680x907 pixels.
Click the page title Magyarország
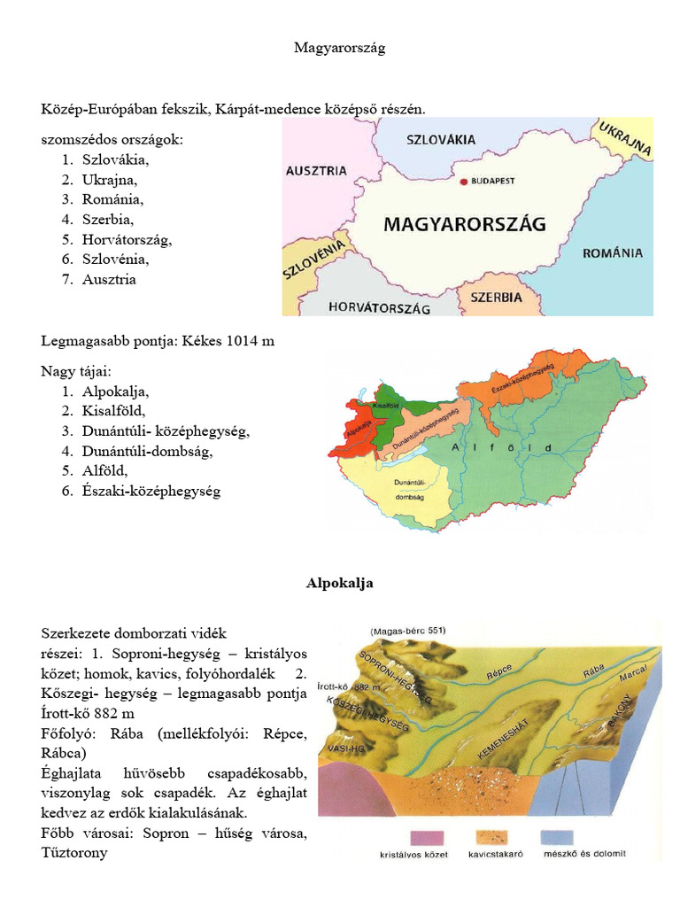click(x=339, y=48)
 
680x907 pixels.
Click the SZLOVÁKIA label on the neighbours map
click(x=441, y=140)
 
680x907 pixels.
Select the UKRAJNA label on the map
click(x=626, y=138)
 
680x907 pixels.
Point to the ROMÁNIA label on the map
click(x=613, y=253)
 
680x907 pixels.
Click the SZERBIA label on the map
click(x=496, y=298)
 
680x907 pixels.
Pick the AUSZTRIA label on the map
click(x=316, y=172)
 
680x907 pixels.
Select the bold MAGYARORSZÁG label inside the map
click(x=465, y=224)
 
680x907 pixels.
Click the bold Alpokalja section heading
click(x=339, y=583)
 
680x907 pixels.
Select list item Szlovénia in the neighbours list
click(x=115, y=260)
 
